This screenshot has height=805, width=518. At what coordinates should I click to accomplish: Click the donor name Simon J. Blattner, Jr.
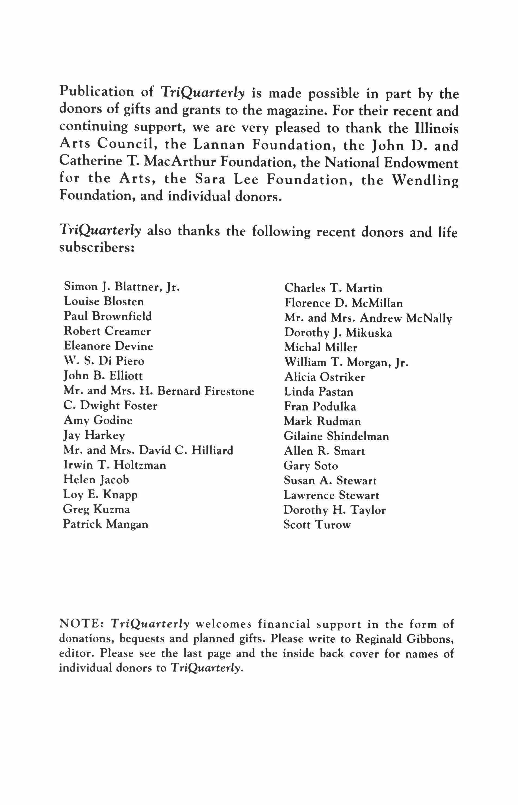(x=121, y=287)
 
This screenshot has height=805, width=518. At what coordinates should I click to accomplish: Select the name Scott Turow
(x=317, y=525)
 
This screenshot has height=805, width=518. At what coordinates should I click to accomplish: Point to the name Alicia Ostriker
(x=324, y=377)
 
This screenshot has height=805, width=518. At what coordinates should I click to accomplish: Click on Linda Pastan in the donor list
(x=319, y=392)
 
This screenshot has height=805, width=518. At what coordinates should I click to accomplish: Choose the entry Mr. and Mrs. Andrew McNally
(x=368, y=318)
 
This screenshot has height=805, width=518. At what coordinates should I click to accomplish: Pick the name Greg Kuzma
(x=96, y=509)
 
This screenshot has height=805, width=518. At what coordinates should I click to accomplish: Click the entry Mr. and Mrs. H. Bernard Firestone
(x=159, y=391)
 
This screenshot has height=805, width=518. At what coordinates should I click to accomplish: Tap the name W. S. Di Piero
(x=104, y=361)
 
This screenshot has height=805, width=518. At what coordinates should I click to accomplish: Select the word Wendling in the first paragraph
(x=426, y=181)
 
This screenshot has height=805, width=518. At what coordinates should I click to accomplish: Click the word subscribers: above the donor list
(x=97, y=248)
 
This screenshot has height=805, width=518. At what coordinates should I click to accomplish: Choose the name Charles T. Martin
(x=333, y=288)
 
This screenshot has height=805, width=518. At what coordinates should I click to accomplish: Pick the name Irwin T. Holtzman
(x=114, y=465)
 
